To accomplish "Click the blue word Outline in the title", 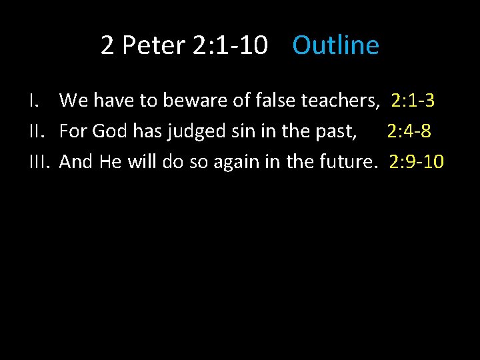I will (x=335, y=45).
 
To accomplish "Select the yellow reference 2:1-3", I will (x=413, y=101).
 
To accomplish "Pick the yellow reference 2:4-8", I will (x=409, y=131).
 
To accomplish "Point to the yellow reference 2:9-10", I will (x=416, y=161).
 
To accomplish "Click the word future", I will (x=345, y=161).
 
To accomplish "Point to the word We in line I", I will (x=74, y=101).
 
